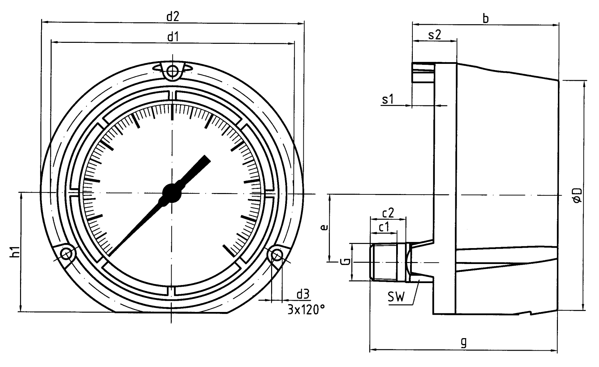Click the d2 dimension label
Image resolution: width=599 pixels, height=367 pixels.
[172, 17]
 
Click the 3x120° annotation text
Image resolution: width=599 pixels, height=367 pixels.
[306, 310]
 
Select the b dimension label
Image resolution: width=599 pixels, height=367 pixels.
[486, 19]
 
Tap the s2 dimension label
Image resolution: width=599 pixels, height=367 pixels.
[434, 35]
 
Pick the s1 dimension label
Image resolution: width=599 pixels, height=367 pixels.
[388, 99]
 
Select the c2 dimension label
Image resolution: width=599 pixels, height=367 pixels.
[388, 213]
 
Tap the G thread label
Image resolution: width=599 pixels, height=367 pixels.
[344, 262]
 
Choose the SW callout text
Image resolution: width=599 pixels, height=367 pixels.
[397, 298]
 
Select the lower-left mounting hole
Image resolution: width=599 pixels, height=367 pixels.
[67, 254]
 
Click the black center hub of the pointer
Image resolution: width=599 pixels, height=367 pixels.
[172, 193]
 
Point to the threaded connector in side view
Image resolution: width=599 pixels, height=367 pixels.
[387, 262]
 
